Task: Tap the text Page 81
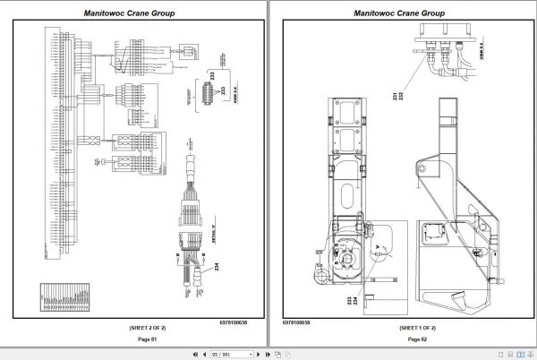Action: pos(135,339)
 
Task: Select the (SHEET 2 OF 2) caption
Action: pos(135,327)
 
